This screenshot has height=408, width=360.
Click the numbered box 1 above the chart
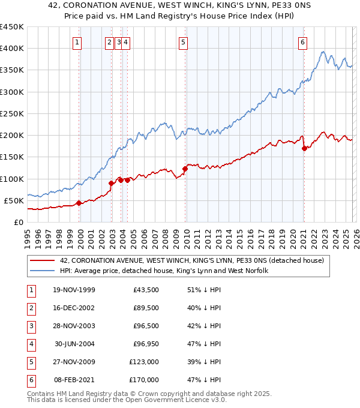point(79,42)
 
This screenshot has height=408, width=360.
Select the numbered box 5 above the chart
point(183,42)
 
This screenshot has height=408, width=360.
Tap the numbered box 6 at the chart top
point(303,42)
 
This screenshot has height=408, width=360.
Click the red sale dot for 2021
point(304,148)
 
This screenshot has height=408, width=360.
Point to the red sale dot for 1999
point(79,203)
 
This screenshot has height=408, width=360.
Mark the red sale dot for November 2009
point(185,169)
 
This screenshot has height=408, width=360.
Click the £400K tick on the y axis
point(11,49)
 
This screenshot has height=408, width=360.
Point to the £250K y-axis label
point(11,113)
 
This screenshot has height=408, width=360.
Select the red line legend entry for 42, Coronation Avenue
point(192,260)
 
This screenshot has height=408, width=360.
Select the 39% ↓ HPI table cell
point(204,362)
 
